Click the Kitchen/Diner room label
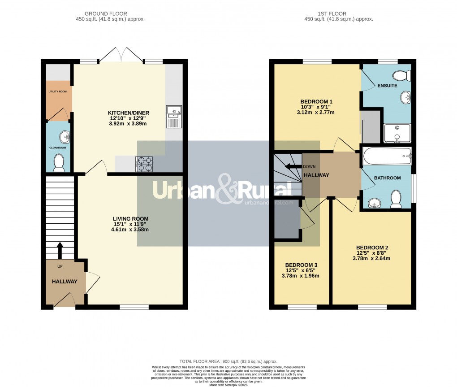click(x=128, y=113)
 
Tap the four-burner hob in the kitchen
click(x=144, y=164)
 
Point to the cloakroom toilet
click(x=59, y=163)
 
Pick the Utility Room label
click(x=57, y=91)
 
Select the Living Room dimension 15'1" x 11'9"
click(x=130, y=224)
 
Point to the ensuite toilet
click(x=398, y=76)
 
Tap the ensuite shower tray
click(x=397, y=133)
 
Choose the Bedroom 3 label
click(x=301, y=265)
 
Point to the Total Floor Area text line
click(x=228, y=361)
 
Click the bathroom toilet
click(x=396, y=199)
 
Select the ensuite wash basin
click(x=406, y=96)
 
